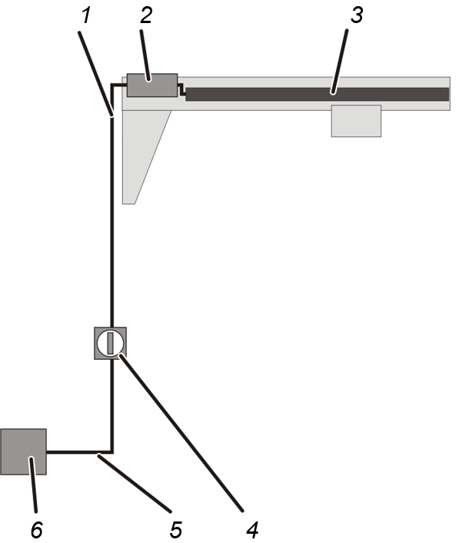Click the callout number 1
pos(86,16)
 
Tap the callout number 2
pos(146,16)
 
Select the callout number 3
pos(357,15)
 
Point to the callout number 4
pos(253,530)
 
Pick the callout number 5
pos(176,530)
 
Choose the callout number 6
pos(37,530)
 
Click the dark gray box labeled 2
pos(152,85)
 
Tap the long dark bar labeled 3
pos(317,94)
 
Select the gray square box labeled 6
pos(23,451)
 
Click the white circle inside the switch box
pos(101,343)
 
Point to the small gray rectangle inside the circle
pos(111,343)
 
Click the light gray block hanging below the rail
pos(356,121)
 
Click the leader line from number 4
pos(181,432)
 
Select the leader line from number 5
pos(135,484)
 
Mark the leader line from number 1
pos(96,74)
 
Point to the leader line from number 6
pos(33,485)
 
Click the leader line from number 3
pos(340,62)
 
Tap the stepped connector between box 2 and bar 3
pos(181,89)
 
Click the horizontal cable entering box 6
pos(79,452)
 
